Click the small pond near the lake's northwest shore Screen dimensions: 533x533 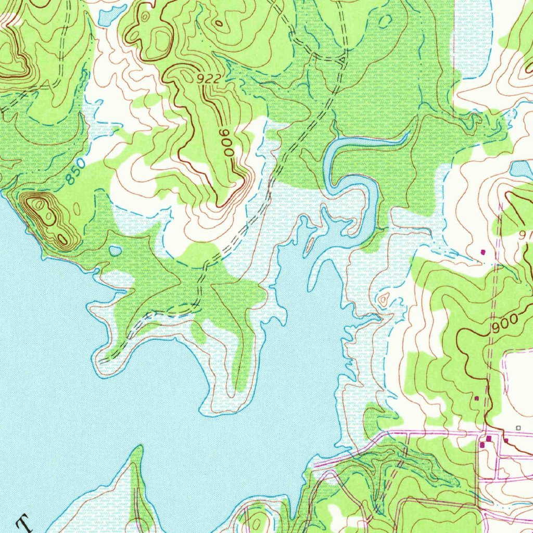[115, 251]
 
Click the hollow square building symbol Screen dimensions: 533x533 [517, 427]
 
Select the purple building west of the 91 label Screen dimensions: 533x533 [482, 252]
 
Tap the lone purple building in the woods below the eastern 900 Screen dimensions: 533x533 [476, 398]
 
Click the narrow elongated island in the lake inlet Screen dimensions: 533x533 [310, 243]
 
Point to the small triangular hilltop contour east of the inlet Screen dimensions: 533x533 [384, 299]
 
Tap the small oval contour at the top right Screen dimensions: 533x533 [386, 20]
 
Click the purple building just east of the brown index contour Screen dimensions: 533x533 [505, 440]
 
